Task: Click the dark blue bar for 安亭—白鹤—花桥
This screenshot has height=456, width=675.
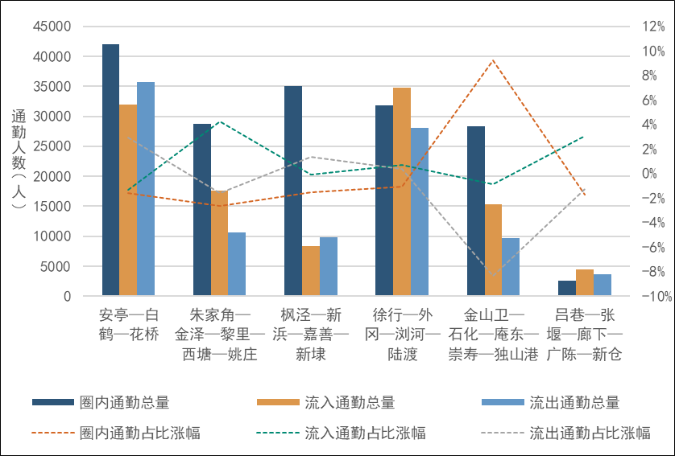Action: coord(110,170)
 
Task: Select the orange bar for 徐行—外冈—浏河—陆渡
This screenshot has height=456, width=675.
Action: coord(402,192)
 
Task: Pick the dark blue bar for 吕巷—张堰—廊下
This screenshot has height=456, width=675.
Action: coord(567,289)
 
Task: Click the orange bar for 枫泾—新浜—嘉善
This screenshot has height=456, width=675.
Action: coord(310,271)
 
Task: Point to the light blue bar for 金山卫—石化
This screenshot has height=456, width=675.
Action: coord(511,267)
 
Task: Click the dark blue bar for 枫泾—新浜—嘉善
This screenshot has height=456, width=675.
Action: coord(293,191)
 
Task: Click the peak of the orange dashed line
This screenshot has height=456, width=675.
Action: coord(493,60)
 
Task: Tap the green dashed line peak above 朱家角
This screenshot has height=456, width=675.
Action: coord(220,121)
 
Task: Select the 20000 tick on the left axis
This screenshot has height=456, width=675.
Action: coord(55,177)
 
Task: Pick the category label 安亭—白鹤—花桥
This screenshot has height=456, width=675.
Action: coord(128,323)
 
